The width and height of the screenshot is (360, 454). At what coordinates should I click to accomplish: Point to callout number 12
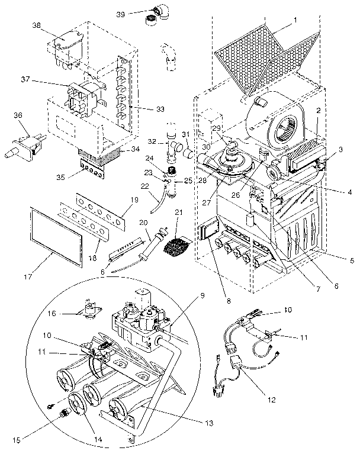coord(271,399)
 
